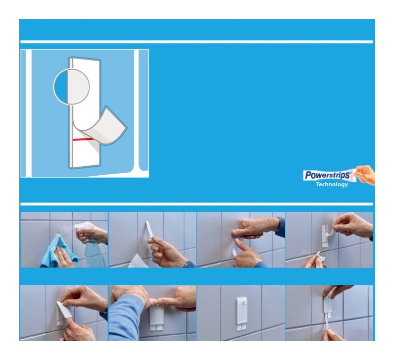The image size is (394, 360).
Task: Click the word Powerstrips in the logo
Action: click(x=327, y=175)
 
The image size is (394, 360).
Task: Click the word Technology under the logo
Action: click(x=332, y=184)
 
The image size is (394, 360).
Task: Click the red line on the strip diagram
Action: click(x=83, y=139)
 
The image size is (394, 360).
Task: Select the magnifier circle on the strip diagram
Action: click(x=71, y=87)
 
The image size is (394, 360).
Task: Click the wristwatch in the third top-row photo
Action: click(x=279, y=223)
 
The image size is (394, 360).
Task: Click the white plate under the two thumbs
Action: click(x=156, y=318)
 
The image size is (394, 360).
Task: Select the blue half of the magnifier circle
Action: click(x=61, y=87)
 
